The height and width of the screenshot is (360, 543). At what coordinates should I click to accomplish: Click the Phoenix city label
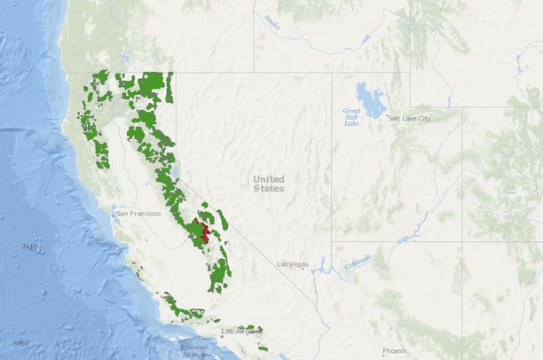click(x=395, y=351)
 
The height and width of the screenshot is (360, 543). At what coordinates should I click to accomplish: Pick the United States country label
click(x=269, y=184)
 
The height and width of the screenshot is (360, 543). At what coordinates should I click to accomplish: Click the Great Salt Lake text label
click(x=352, y=117)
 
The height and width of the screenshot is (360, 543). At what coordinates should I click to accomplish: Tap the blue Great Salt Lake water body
click(x=366, y=94)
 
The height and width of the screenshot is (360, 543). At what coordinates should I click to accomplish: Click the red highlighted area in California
click(x=203, y=235)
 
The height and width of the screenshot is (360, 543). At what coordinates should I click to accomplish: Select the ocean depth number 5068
click(x=20, y=343)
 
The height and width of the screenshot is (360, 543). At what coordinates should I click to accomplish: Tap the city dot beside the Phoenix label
click(x=381, y=351)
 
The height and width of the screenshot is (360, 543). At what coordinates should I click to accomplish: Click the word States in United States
click(x=269, y=189)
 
